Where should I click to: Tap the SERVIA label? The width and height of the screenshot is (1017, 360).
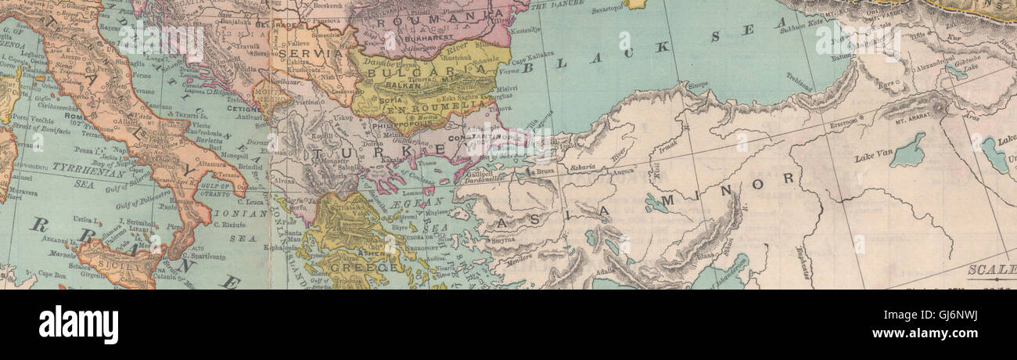(313, 53)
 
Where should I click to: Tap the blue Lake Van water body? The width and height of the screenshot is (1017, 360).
(908, 149)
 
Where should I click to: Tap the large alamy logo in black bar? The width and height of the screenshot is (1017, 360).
(78, 324)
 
